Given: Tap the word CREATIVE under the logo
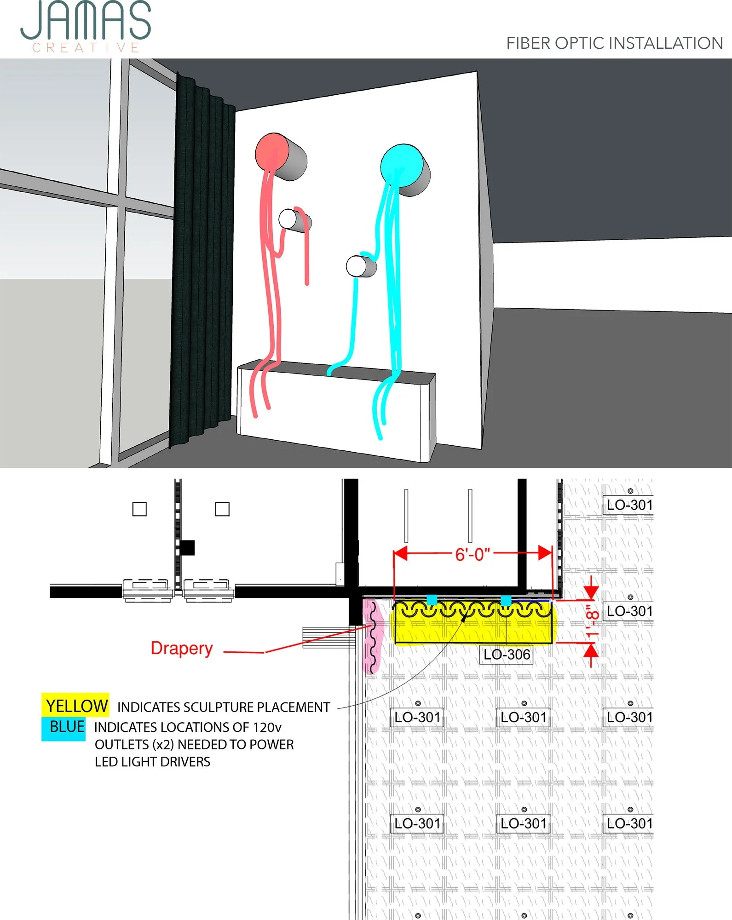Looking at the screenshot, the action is [x=86, y=48].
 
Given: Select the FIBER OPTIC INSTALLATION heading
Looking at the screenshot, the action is [x=614, y=43].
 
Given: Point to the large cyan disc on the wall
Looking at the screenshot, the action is [x=402, y=166].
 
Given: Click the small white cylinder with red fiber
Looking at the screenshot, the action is [x=288, y=219].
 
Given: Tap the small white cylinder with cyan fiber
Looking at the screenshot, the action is [x=356, y=266].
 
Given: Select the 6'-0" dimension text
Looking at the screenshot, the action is [x=473, y=555].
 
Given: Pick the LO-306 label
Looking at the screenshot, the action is [x=507, y=655].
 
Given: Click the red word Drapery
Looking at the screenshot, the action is [x=182, y=648].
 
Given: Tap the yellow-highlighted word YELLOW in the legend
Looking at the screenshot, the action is [x=76, y=706].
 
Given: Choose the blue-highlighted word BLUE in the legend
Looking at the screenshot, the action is [x=66, y=727].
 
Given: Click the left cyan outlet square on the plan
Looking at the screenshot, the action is [x=432, y=600].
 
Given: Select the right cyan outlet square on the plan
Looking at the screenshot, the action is [x=506, y=600].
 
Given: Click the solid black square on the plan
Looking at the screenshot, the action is [x=187, y=547].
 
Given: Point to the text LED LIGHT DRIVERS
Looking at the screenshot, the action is [x=152, y=762].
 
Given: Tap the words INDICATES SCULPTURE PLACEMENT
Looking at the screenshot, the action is [x=224, y=707].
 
